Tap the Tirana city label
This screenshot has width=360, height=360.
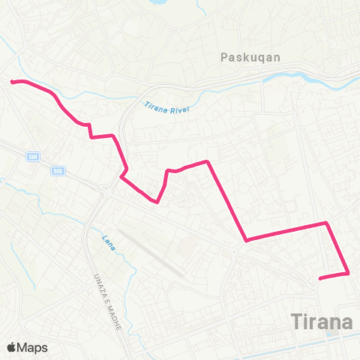coord(321,322)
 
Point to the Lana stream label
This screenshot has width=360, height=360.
coord(107,241)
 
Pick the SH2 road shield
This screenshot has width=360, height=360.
coord(58,171)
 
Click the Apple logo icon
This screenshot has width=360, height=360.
coord(11,347)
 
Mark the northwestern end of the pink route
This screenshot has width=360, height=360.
coord(12,81)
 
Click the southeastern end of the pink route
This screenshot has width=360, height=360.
coord(321,279)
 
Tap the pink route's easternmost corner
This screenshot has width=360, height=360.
coord(349,274)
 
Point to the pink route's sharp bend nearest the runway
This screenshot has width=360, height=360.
coord(157,201)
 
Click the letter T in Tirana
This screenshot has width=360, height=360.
coord(295,322)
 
